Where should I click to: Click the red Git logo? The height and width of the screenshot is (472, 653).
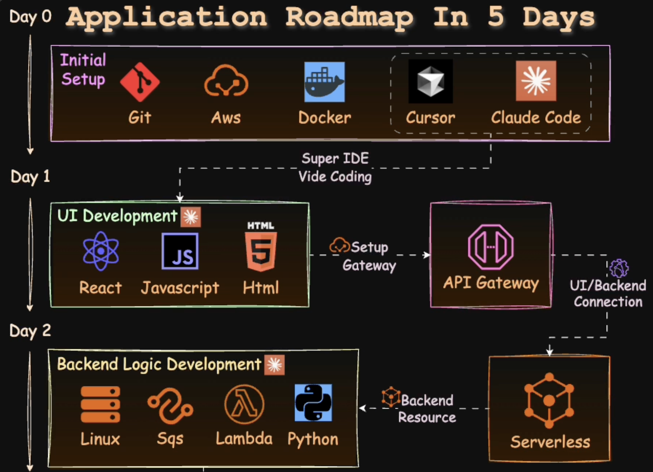[x=140, y=82]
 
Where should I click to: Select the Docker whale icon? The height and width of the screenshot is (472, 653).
[x=325, y=82]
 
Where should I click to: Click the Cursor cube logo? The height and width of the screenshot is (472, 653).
[x=430, y=81]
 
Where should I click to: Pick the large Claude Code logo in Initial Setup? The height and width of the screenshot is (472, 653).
[x=536, y=81]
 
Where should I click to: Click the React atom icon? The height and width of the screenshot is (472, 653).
[x=101, y=251]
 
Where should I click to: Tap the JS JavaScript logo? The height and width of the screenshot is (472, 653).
[x=180, y=251]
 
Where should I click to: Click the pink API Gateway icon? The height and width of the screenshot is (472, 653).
[x=491, y=247]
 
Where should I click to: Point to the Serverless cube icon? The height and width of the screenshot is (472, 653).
[x=549, y=400]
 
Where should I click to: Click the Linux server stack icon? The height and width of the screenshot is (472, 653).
[x=100, y=404]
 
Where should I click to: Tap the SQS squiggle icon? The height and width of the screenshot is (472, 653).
[x=170, y=406]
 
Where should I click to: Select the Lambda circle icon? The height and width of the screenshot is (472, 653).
[x=244, y=404]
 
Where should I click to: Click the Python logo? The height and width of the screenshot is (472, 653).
[x=313, y=403]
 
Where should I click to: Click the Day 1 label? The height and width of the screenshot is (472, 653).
[x=30, y=177]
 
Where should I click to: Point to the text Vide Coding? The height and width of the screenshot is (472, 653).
[x=335, y=177]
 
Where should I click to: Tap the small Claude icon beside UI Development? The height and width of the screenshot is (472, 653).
[x=191, y=217]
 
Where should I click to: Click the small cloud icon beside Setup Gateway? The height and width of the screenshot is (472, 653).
[x=339, y=245]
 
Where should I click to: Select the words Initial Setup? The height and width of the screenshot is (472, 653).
[x=83, y=70]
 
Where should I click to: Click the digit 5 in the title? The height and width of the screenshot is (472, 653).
[x=496, y=17]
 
